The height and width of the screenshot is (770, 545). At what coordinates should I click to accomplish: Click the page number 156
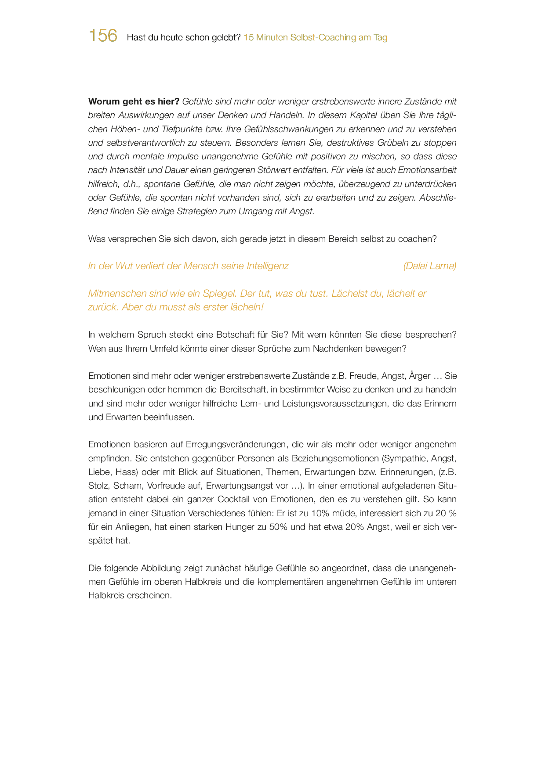coord(103,36)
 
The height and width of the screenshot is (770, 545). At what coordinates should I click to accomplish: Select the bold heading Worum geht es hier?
coord(134,102)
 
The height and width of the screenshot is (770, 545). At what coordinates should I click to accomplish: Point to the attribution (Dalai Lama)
coord(429,266)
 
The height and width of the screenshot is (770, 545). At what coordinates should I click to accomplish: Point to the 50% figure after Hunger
coord(278,527)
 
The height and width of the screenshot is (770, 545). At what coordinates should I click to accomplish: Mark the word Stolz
coord(98,486)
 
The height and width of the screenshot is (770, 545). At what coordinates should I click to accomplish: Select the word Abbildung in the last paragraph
coord(160,569)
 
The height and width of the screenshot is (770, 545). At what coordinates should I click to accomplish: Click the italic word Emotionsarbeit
coord(427,170)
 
